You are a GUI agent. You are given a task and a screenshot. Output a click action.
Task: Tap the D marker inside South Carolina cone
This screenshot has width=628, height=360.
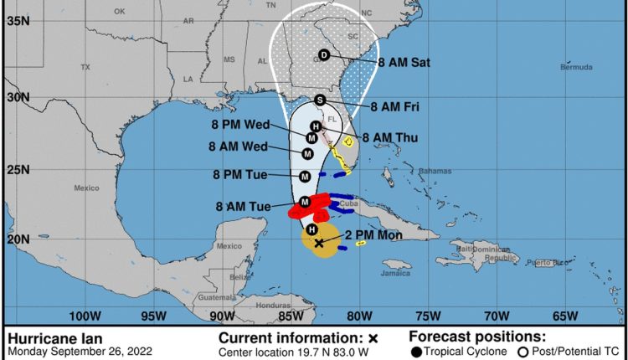pyautogui.click(x=325, y=56)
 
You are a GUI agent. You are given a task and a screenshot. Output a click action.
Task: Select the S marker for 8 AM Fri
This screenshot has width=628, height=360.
pyautogui.click(x=319, y=100)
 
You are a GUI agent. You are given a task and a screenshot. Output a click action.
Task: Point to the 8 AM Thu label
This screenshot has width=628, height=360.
pyautogui.click(x=391, y=137)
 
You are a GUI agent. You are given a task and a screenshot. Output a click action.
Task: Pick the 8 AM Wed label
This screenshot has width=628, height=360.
pyautogui.click(x=237, y=147)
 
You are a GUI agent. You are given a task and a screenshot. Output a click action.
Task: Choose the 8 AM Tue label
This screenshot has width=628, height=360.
pyautogui.click(x=243, y=205)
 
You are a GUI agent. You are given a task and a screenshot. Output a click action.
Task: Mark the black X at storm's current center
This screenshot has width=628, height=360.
pyautogui.click(x=318, y=242)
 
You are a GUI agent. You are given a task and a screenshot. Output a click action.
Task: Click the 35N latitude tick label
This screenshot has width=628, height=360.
pyautogui.click(x=18, y=22)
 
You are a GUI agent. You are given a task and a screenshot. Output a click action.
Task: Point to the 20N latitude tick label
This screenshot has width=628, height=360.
pyautogui.click(x=18, y=239)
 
